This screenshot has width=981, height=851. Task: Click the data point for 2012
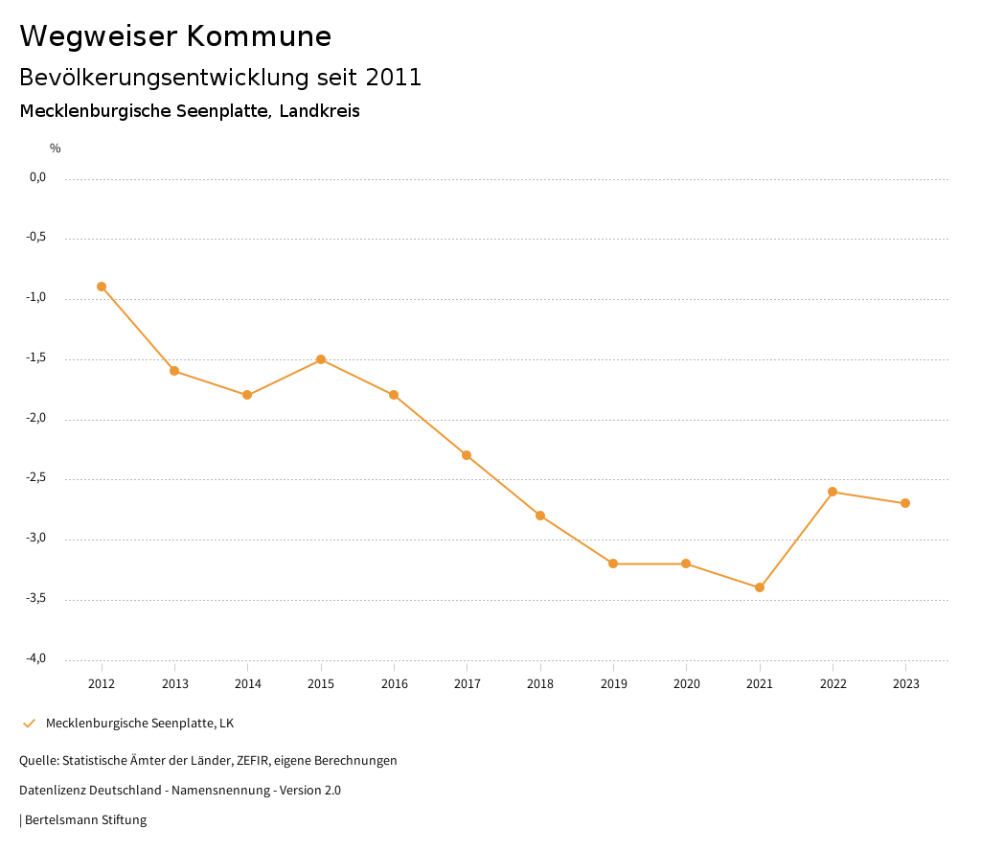[102, 287]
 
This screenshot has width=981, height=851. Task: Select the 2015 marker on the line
[321, 359]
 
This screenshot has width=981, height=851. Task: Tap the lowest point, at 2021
[760, 587]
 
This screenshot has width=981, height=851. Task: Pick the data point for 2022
[833, 492]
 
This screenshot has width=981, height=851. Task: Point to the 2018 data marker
[540, 516]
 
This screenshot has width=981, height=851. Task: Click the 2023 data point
[905, 503]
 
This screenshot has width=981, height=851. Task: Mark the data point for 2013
[174, 371]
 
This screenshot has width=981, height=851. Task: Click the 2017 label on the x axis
[467, 683]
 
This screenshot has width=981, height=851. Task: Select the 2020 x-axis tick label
[686, 683]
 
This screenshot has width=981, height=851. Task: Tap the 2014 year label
[247, 683]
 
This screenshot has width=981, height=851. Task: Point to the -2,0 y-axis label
[37, 418]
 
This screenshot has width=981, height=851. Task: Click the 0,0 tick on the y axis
[37, 177]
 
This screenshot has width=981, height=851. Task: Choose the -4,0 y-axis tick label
[37, 658]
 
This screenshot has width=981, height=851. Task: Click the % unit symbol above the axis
[56, 149]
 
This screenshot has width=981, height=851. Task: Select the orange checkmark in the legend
[29, 723]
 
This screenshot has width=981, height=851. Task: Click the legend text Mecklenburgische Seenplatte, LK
[140, 723]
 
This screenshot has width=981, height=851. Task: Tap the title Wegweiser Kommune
[175, 35]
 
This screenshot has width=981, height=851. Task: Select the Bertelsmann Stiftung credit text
[85, 819]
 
